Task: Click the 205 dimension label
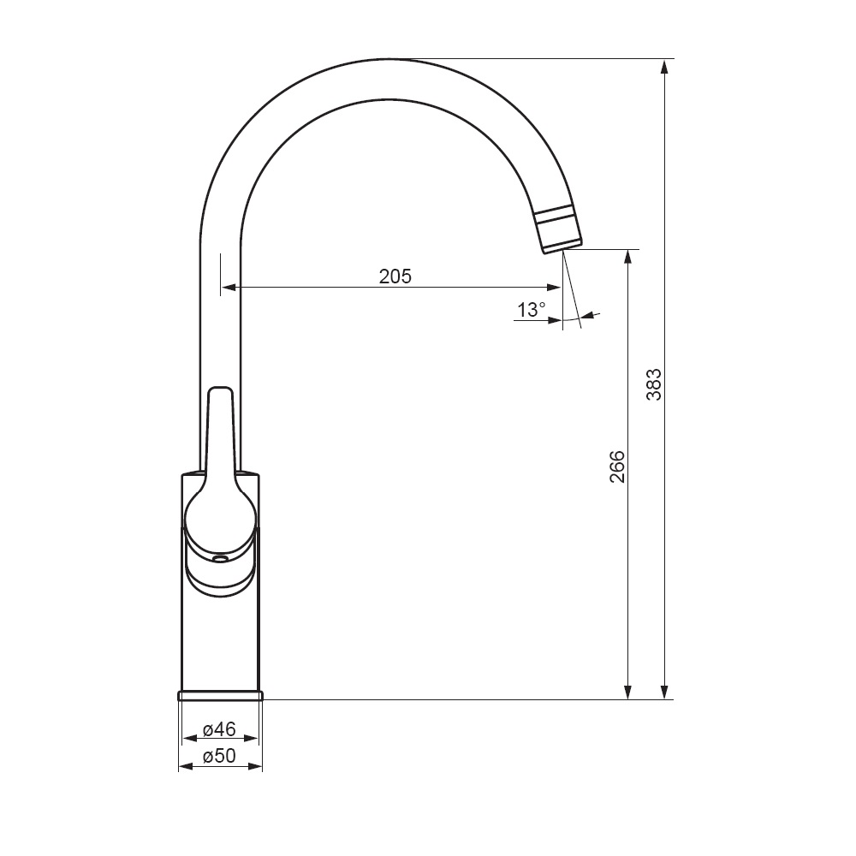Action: tap(395, 276)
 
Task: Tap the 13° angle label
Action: tap(532, 310)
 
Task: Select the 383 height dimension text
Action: tap(653, 384)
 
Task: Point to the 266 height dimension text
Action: tap(617, 467)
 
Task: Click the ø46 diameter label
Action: tap(219, 728)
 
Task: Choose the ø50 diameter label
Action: tap(219, 756)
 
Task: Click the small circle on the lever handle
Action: tap(220, 559)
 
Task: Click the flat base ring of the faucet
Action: tap(220, 695)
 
